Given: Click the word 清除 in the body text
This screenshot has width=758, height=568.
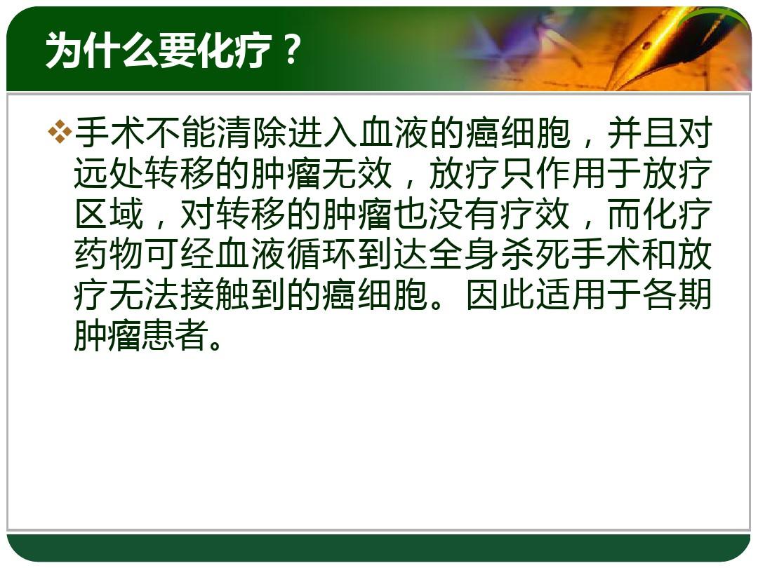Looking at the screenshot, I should point(253,134).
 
